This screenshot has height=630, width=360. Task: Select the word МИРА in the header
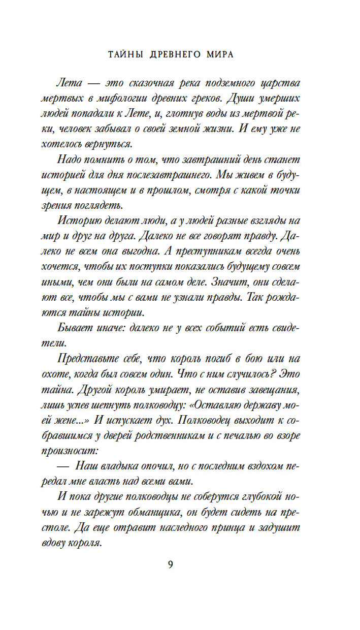point(220,55)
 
